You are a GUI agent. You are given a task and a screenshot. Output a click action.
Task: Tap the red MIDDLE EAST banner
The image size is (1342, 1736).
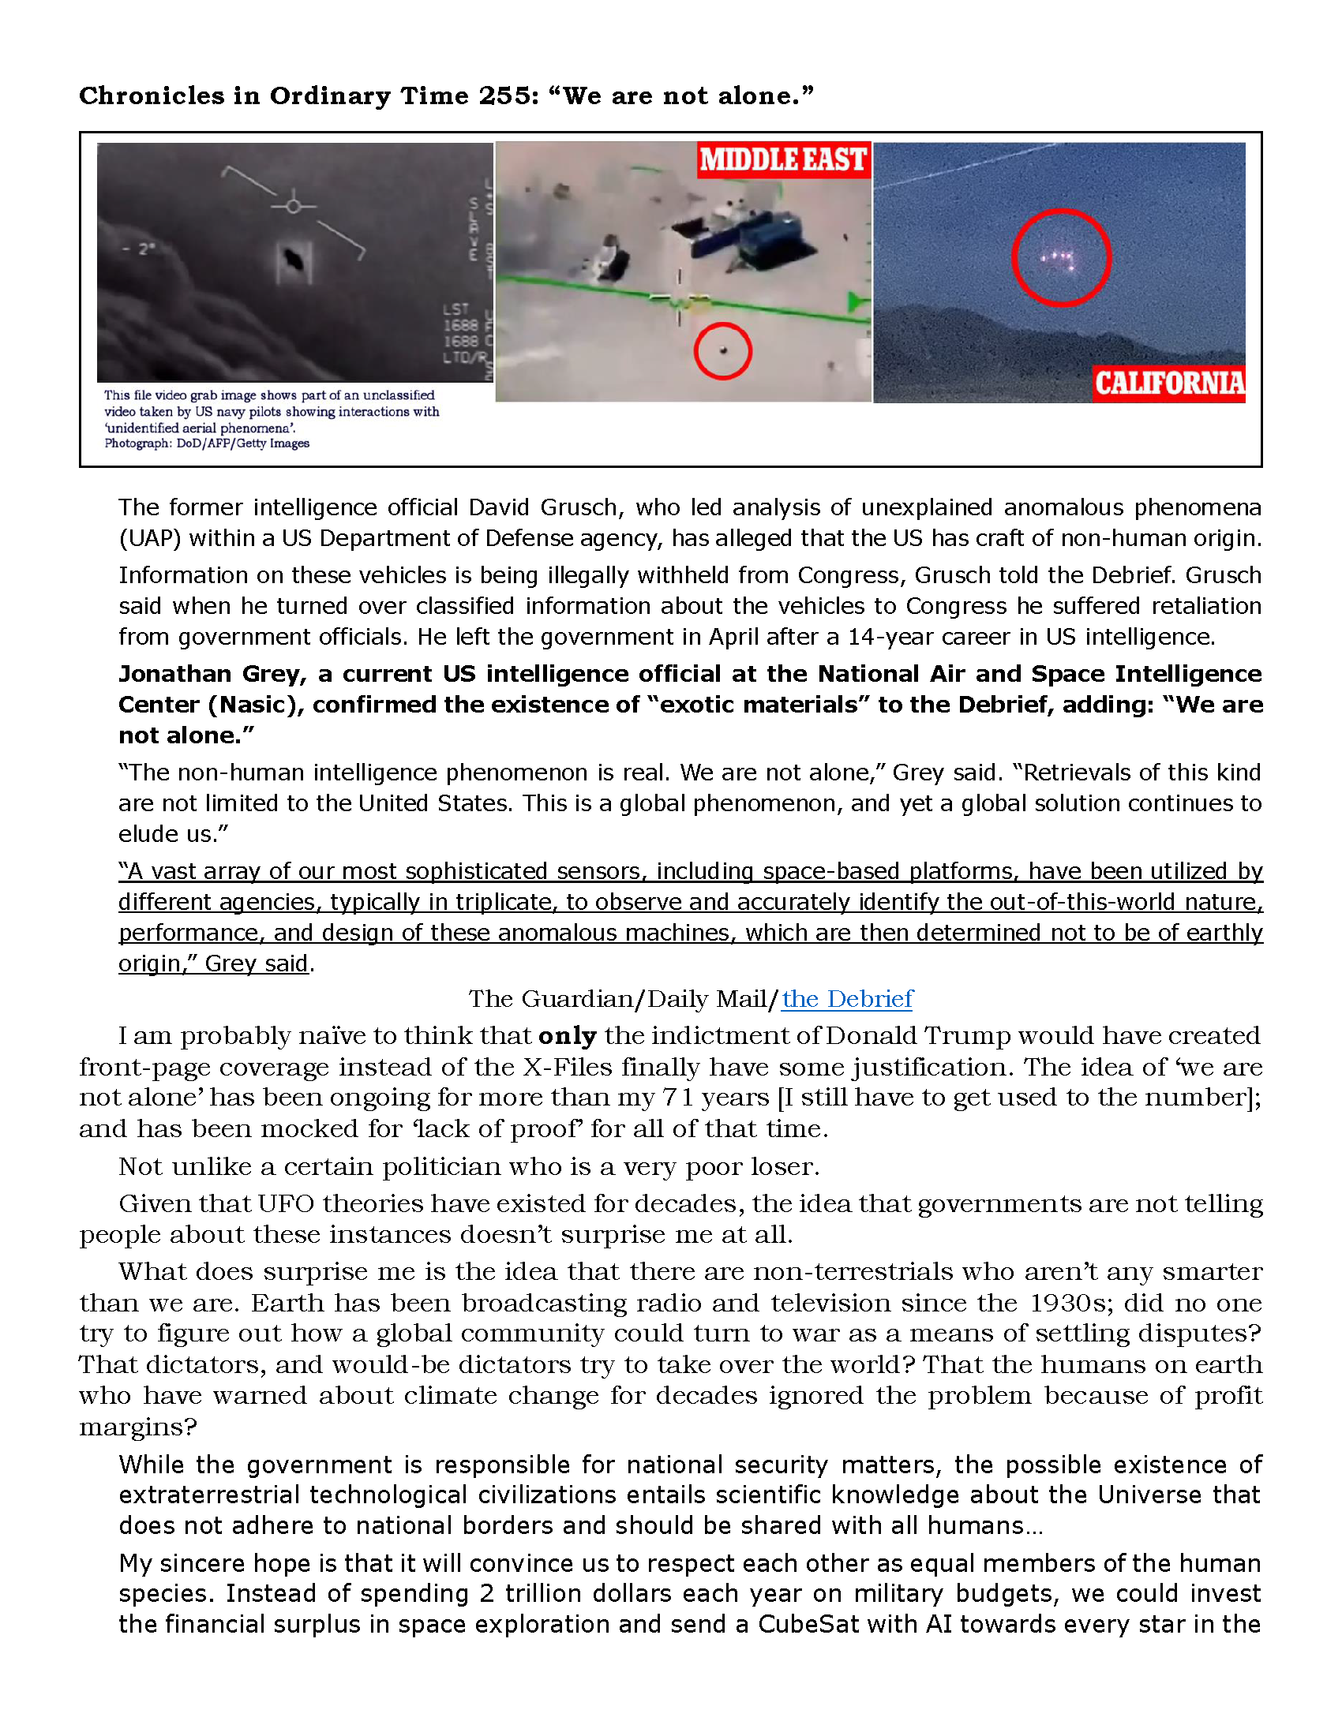(783, 159)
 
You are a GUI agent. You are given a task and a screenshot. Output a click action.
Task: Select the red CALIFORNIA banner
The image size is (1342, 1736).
(1168, 383)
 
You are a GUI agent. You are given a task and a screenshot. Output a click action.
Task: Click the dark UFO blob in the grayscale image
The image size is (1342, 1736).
(294, 259)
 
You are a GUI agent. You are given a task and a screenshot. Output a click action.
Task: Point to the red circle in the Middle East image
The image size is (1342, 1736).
(722, 350)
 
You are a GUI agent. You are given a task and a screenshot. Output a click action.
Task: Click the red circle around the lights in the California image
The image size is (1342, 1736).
(1060, 256)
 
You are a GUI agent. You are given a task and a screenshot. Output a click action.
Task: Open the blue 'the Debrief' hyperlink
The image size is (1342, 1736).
(848, 999)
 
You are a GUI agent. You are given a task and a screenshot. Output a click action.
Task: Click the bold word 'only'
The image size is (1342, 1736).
(567, 1037)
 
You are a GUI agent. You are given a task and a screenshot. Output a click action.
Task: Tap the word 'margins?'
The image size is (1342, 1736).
(137, 1427)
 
